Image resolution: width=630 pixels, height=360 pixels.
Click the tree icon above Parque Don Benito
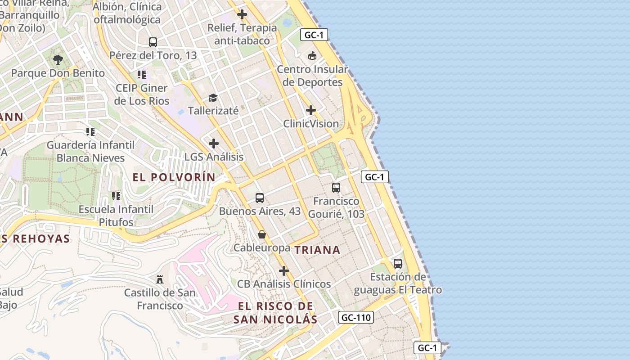coord(58,59)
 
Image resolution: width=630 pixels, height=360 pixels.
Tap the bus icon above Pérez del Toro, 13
coord(153,42)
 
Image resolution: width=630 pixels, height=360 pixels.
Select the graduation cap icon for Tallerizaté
coord(213,98)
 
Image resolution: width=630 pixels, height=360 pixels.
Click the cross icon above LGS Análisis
coord(214,144)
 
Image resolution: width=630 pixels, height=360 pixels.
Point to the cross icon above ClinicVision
coord(311,110)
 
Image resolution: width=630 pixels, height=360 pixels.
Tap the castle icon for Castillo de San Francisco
coord(160,279)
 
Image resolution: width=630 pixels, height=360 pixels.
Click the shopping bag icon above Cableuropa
coord(262,234)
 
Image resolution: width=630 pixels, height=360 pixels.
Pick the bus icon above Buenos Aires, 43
coord(260,198)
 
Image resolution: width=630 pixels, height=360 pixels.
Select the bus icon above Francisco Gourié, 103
coord(336,188)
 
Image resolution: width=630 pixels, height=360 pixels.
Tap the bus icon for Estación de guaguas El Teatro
coord(398,264)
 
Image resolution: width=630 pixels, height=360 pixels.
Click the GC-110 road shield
coord(355,318)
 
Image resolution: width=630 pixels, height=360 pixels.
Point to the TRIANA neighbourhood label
coord(317,250)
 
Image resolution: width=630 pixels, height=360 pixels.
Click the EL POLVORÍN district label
coord(174,177)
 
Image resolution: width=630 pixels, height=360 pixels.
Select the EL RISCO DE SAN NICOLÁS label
coord(275,313)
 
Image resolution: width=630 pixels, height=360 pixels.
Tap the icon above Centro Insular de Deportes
coord(312,56)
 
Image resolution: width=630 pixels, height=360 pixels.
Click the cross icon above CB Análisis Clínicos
coord(284,271)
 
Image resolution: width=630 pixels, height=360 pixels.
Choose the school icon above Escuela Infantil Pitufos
coord(116,196)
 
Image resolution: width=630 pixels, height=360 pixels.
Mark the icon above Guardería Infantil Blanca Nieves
coord(90,132)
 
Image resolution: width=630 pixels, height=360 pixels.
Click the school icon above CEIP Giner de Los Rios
coord(142,75)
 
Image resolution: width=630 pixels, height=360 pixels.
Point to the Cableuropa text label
coord(261,247)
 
